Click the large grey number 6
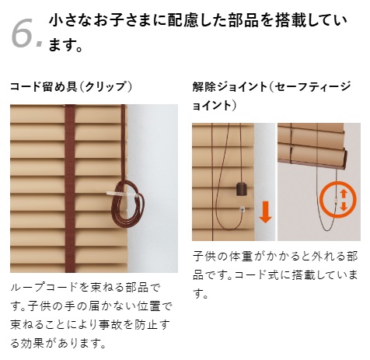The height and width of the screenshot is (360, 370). coord(23,33)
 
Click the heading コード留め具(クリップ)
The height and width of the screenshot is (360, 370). coord(72,86)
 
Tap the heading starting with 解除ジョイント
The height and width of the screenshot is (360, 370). coord(272,96)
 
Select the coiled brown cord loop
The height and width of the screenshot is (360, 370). coord(127,204)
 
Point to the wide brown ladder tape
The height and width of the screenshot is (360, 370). coord(70,188)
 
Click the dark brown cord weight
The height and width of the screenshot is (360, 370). coord(242,189)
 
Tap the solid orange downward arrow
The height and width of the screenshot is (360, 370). coord(265,212)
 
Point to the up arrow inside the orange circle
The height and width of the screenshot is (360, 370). coord(344,194)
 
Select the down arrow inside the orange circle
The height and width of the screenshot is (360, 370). coord(344,206)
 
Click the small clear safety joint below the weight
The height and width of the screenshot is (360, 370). coord(243,208)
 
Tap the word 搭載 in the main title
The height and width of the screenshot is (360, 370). coord(292,21)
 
